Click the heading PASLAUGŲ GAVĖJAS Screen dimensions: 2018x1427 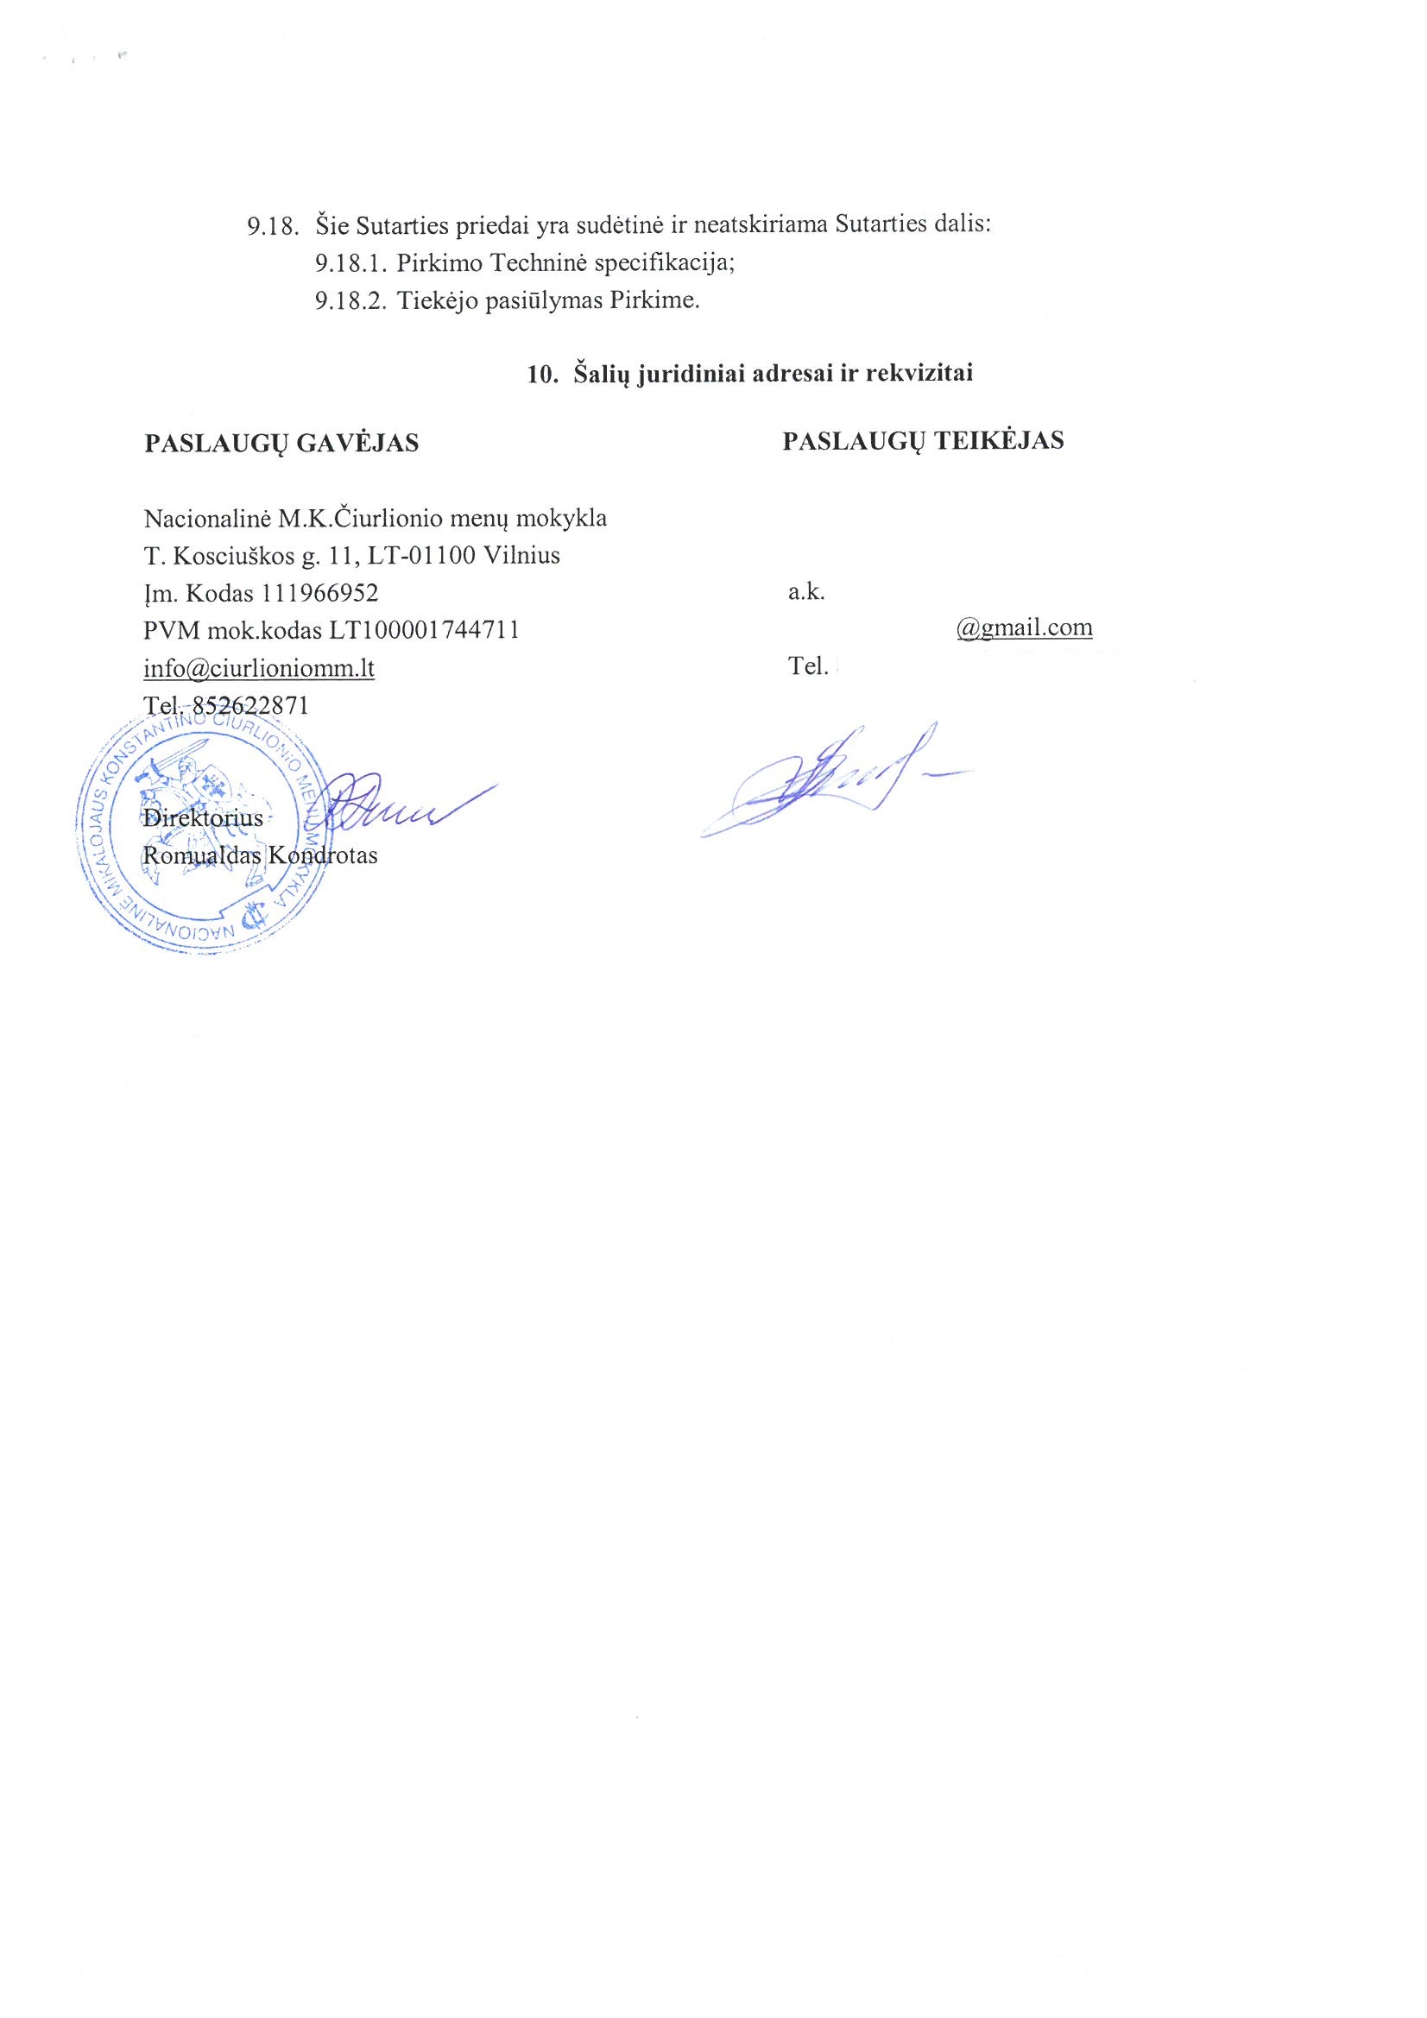(x=281, y=443)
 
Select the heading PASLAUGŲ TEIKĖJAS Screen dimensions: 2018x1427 (x=922, y=440)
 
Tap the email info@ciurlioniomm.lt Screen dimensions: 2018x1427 (x=258, y=668)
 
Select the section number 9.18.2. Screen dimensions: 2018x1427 (x=350, y=300)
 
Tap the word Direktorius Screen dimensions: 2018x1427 (x=202, y=817)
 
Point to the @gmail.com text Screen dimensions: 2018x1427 (x=1025, y=627)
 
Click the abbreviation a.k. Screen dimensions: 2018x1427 (x=805, y=591)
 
